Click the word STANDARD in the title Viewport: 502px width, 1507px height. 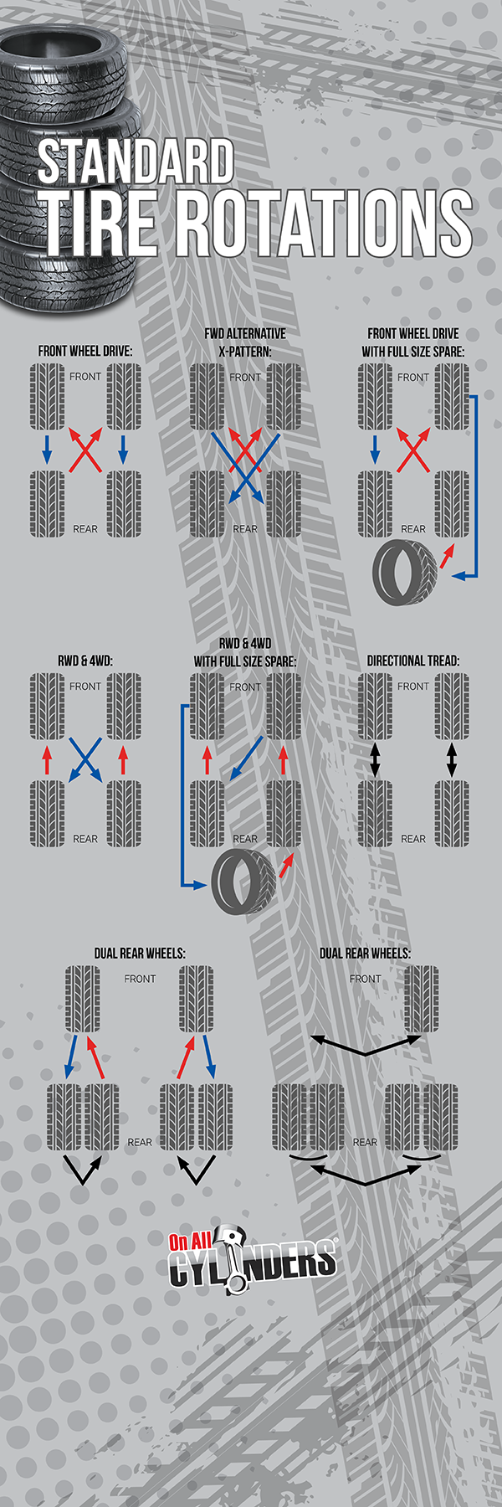[135, 161]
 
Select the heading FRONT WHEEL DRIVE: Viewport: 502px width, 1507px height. [85, 351]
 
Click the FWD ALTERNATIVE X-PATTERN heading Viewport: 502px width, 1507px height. [245, 342]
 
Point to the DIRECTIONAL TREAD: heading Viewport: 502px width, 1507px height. [413, 661]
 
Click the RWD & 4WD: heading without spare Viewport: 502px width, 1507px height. [85, 661]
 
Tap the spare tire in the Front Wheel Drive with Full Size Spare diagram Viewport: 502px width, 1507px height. [404, 571]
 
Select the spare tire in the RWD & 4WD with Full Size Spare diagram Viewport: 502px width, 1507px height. [243, 882]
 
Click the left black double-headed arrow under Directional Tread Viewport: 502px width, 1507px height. [375, 759]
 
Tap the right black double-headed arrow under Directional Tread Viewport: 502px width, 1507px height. [452, 759]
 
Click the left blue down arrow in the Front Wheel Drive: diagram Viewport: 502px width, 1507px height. [47, 449]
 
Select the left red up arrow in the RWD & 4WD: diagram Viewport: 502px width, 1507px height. [47, 759]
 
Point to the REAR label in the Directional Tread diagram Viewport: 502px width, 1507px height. [413, 838]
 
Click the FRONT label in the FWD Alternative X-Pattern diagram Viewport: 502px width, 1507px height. [245, 378]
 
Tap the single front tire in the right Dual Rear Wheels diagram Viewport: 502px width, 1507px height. [421, 999]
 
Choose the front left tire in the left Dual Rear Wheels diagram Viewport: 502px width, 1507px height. [83, 999]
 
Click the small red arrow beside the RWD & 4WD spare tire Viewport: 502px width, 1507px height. [286, 866]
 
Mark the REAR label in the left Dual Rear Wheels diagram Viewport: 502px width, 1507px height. [140, 1142]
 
